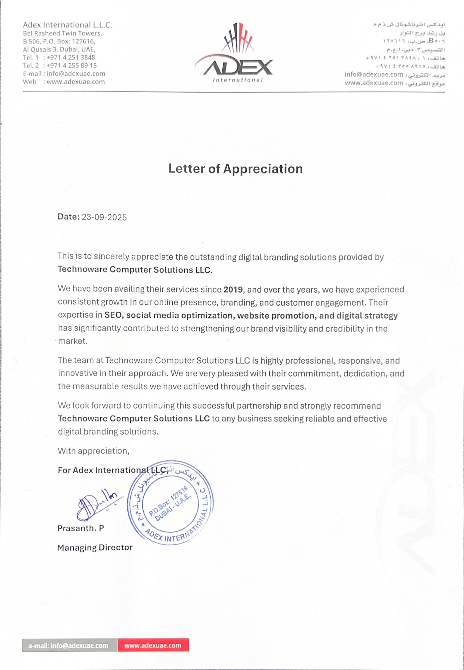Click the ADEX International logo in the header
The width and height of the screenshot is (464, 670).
[x=234, y=54]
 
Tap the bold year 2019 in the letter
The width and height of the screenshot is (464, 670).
[x=233, y=290]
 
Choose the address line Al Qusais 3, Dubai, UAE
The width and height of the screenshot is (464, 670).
[x=59, y=49]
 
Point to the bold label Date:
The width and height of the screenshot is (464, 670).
[x=68, y=217]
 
